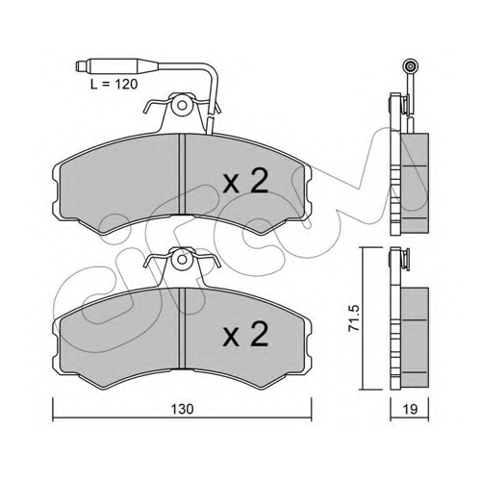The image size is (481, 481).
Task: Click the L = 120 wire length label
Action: pos(114,85)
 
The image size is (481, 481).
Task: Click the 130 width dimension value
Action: pos(182,409)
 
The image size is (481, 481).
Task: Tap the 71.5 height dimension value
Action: pos(354,318)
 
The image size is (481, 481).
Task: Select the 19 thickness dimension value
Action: pos(410,409)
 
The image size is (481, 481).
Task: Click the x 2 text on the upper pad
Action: pos(245,181)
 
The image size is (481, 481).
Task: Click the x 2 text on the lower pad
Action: pos(245,334)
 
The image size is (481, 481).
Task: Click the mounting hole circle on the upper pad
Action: pos(183,105)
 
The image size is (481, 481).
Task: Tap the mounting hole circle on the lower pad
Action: pos(183,259)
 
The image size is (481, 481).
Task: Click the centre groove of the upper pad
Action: pos(182,174)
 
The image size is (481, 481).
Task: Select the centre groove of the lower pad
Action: pos(182,328)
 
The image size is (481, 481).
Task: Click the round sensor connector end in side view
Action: pos(411,66)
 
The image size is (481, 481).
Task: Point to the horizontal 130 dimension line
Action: pos(182,418)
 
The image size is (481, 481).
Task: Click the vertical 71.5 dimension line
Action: pos(363,318)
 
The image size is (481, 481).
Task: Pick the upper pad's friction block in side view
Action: pos(415,183)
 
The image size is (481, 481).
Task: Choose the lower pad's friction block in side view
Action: pos(415,337)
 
